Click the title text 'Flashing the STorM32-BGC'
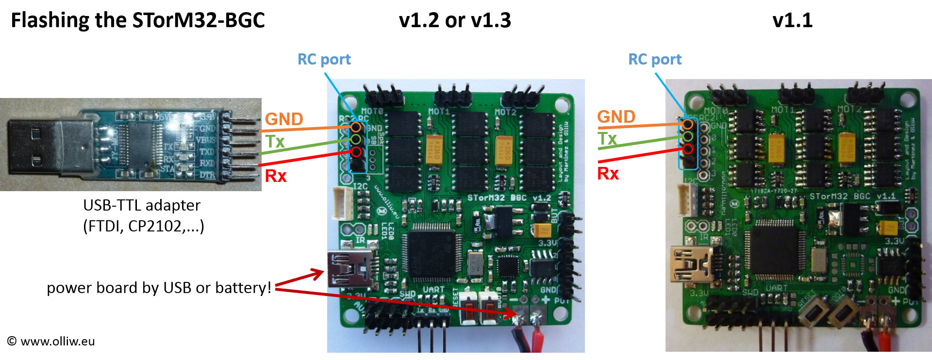coord(138,20)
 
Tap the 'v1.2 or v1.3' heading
coord(455,20)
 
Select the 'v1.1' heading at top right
coord(792,20)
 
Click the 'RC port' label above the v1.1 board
coord(655,59)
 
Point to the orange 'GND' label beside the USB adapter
coord(284,119)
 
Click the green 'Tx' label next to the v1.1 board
coord(607,139)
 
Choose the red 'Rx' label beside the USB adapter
coord(276,176)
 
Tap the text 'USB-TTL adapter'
coord(142,205)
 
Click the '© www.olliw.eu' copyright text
coord(51,341)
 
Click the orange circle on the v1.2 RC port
coord(356,127)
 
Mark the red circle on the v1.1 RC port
coord(688,149)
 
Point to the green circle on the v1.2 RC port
coord(356,140)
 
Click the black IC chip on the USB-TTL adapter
coord(139,144)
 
